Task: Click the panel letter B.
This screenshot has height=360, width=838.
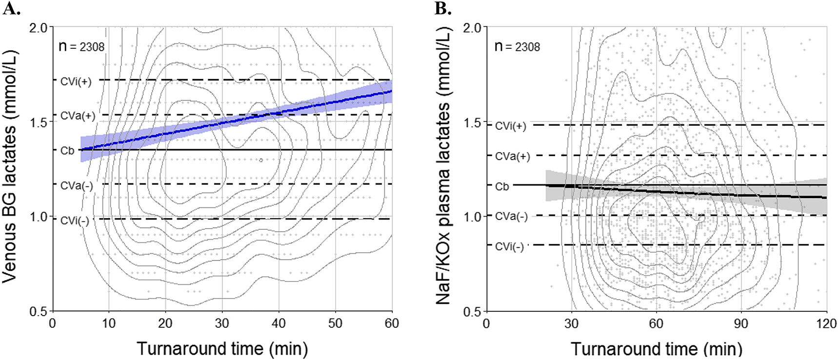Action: [x=442, y=8]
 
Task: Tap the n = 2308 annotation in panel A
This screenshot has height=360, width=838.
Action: [x=81, y=47]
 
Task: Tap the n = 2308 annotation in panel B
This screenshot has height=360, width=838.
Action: [x=517, y=47]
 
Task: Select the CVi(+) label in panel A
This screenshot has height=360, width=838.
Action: [x=76, y=81]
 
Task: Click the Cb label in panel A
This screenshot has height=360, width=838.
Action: [x=67, y=151]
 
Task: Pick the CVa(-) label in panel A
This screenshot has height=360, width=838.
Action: [x=76, y=186]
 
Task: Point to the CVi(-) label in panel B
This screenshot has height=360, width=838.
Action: [x=509, y=247]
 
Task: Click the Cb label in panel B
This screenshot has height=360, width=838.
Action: [x=502, y=186]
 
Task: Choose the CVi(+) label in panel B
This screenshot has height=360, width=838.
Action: [x=510, y=126]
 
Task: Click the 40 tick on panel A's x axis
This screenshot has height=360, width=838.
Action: [x=279, y=323]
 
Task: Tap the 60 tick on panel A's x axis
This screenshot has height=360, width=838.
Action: [x=392, y=323]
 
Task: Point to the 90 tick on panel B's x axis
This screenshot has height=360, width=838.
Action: [x=741, y=323]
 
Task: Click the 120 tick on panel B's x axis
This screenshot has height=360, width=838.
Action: [x=826, y=323]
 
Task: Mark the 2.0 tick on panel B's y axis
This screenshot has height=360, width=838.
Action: [x=472, y=28]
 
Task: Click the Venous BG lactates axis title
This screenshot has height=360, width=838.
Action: [x=10, y=166]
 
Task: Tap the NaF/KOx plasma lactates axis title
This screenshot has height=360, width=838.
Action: [x=443, y=166]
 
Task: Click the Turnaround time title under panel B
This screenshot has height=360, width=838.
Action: [x=656, y=349]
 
